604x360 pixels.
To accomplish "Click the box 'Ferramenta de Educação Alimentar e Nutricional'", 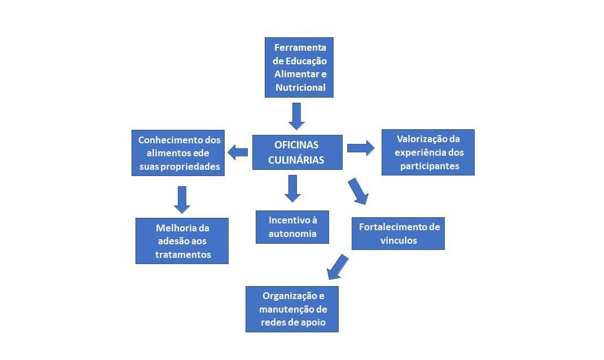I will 299,67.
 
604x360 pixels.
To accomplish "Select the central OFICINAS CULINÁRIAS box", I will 297,152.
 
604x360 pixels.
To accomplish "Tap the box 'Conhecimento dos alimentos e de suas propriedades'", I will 180,153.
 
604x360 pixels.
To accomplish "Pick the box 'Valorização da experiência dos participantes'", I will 428,152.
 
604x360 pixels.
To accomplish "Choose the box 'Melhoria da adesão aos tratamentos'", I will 182,241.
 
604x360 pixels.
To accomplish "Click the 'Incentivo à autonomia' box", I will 292,227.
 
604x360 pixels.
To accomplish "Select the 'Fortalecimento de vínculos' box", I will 398,233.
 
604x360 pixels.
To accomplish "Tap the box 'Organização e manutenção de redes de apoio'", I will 292,309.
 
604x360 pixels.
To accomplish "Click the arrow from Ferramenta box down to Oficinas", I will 296,116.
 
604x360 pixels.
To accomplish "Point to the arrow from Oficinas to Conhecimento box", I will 238,151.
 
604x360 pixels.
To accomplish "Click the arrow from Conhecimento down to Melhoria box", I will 182,199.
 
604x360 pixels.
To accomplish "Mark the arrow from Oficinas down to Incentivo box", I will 292,188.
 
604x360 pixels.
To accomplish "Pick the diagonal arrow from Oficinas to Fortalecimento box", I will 358,191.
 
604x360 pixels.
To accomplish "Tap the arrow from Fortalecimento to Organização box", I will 338,267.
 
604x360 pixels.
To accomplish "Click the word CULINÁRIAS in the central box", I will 296,160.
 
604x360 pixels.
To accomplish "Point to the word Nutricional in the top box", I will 300,87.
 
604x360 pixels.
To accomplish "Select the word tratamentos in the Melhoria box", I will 183,254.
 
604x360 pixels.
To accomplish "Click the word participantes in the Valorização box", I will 430,166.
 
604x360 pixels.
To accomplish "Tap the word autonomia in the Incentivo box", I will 292,234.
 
